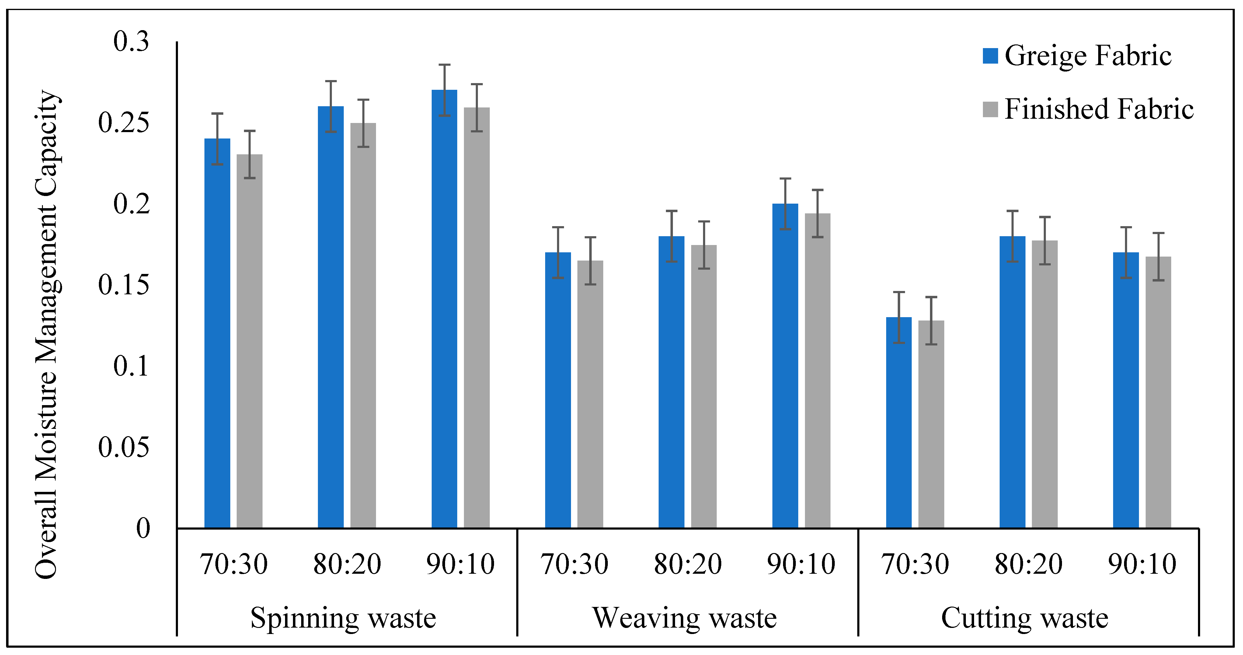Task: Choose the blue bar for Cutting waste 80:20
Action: coord(1012,381)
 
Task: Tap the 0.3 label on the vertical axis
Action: coord(131,41)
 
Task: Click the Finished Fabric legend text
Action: coord(1099,109)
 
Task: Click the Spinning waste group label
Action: coord(343,618)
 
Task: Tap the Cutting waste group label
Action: coord(1025,618)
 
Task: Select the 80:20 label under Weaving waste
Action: coord(688,564)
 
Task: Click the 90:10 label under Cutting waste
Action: coord(1142,564)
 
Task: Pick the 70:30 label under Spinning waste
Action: coord(234,564)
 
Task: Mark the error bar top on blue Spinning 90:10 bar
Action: coord(444,65)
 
